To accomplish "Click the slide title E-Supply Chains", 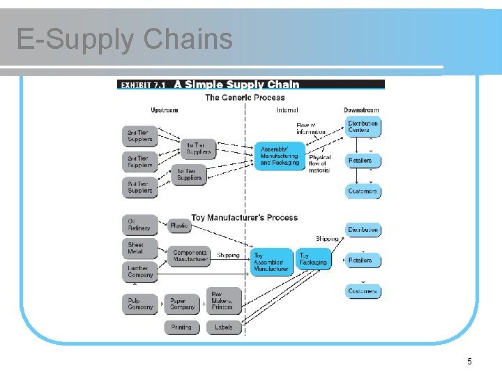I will coord(124,39).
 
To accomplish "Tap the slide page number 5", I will coord(469,361).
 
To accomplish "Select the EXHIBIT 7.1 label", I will coord(143,84).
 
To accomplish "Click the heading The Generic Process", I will coord(245,98).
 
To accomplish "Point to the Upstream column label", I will coord(165,110).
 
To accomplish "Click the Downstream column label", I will coord(361,110).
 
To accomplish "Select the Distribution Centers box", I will coord(363,126).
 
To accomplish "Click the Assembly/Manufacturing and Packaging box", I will coord(280,156).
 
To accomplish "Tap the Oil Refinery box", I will coord(139,224).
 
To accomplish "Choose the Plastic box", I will coord(179,226).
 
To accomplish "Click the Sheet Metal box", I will coord(139,249).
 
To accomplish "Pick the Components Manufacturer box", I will coord(188,256).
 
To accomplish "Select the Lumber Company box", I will coord(139,271).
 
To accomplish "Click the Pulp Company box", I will coord(139,304).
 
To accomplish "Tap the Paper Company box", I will coord(183,304).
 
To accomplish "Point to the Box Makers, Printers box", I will coord(223,300).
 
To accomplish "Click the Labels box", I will coord(224,327).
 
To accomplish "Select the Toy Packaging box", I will coord(313,259).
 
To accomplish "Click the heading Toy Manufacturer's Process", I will coord(244,218).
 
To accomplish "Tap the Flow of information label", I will coord(310,128).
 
